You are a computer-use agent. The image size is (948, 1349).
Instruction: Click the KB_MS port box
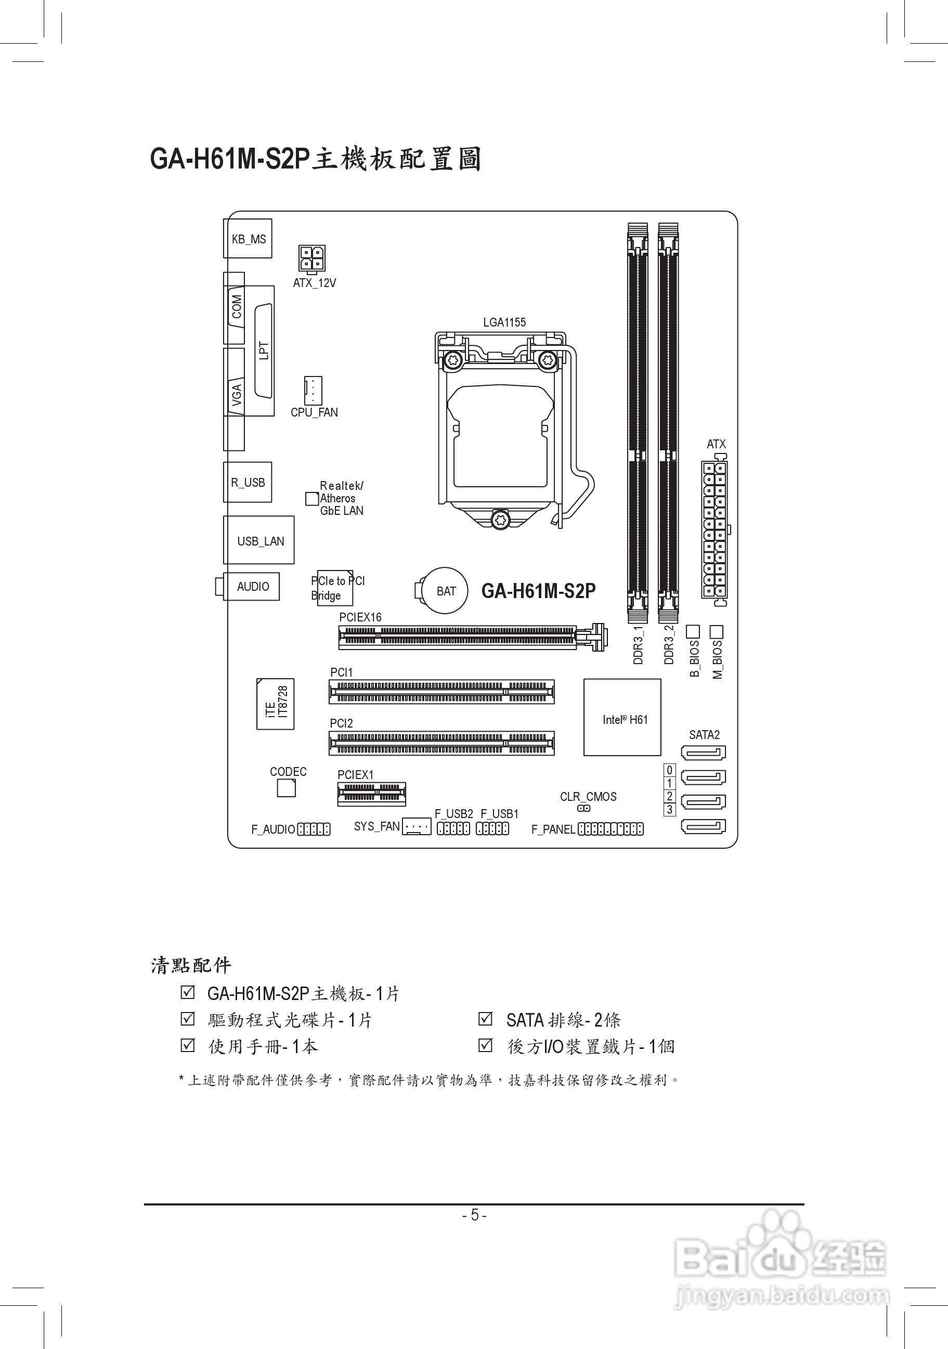pos(248,239)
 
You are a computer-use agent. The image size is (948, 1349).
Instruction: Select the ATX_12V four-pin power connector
pos(312,258)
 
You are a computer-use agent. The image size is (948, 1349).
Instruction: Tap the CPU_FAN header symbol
pos(313,390)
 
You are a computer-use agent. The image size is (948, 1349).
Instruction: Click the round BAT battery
pos(445,590)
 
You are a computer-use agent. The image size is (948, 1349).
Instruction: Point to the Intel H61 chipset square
pos(622,717)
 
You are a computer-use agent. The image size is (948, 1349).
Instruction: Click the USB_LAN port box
pos(259,540)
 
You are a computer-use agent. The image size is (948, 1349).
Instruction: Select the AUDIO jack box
pos(253,587)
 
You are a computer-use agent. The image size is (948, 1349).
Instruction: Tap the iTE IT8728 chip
pos(276,704)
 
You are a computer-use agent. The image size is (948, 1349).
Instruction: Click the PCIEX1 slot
pos(371,794)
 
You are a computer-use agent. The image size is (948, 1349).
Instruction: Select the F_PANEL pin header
pos(611,829)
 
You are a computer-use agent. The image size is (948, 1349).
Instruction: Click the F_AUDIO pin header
pos(314,829)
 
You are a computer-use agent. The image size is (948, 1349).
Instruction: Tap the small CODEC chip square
pos(286,788)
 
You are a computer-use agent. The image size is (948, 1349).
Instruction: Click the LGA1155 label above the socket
pos(504,322)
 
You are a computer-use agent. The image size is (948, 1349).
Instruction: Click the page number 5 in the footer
pos(475,1215)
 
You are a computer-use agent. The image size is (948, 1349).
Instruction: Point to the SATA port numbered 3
pos(703,826)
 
